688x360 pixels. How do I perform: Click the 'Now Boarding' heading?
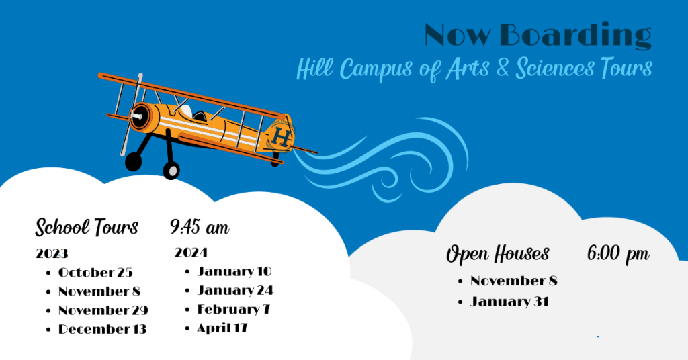[x=538, y=36]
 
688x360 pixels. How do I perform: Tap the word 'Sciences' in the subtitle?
[x=555, y=68]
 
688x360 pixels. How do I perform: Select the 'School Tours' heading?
[x=87, y=227]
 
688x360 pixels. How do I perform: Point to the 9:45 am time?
[x=200, y=227]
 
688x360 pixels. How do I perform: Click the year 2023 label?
[x=52, y=253]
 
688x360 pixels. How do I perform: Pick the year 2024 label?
[x=191, y=253]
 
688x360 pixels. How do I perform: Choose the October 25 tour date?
[x=95, y=272]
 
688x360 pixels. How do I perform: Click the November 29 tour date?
[x=103, y=310]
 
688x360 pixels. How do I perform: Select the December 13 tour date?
[x=102, y=329]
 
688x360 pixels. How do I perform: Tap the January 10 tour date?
[x=234, y=271]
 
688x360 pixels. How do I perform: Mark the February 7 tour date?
[x=233, y=309]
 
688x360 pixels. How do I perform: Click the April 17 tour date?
[x=222, y=328]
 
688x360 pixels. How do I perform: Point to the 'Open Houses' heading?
[x=498, y=254]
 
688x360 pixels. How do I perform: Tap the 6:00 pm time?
[x=618, y=253]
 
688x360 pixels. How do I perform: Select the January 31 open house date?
[x=509, y=302]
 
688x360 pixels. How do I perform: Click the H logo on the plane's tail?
[x=280, y=136]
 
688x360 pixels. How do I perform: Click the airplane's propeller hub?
[x=137, y=116]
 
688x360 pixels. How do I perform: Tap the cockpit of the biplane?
[x=200, y=116]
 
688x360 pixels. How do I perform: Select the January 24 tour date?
[x=235, y=290]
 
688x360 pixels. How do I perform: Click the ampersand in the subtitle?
[x=503, y=68]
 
